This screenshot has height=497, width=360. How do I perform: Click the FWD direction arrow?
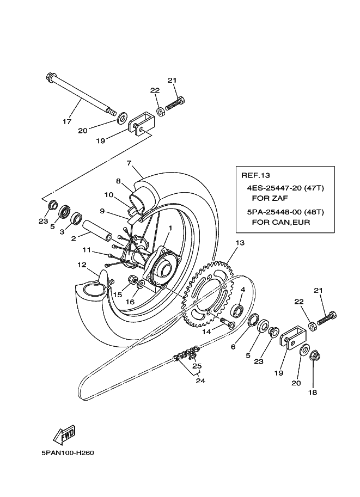64,435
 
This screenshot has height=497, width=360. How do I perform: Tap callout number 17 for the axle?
67,122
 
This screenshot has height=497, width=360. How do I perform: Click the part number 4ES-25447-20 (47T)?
285,188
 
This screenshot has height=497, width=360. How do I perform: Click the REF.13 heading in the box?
256,175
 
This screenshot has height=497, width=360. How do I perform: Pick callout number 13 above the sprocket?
240,243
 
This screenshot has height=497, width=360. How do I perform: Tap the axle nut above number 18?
314,357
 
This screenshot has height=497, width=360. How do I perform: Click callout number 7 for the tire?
129,163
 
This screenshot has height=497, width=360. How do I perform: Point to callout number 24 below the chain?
200,381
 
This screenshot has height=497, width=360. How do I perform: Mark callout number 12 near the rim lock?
82,266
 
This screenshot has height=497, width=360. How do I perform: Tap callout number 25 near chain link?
197,366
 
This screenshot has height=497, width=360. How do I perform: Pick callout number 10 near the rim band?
108,195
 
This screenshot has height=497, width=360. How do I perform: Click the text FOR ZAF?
264,199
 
